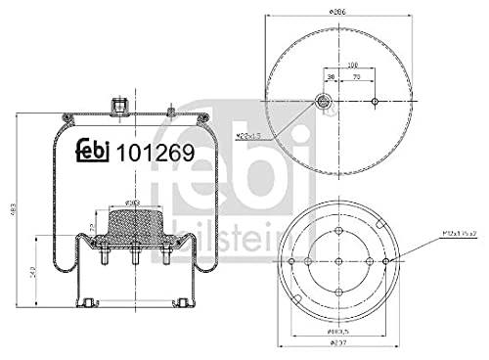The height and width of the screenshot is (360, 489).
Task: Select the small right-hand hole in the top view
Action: coord(376,102)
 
